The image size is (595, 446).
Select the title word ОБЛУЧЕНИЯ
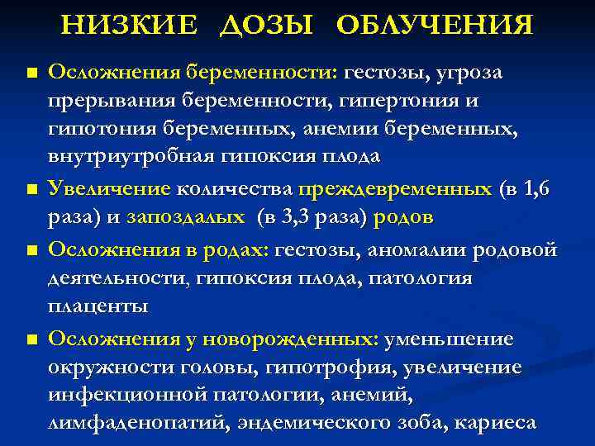(435, 26)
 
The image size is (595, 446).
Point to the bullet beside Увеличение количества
(31, 191)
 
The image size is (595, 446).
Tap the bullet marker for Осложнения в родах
(31, 249)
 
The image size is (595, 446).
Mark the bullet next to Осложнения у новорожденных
(31, 339)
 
